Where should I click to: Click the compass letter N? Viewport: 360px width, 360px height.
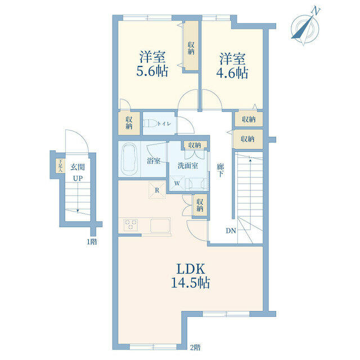click(x=316, y=11)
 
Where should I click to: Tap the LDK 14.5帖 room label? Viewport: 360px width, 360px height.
click(x=190, y=276)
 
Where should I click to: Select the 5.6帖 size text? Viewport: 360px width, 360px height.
click(x=152, y=71)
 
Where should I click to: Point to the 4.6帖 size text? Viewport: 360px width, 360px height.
click(x=232, y=73)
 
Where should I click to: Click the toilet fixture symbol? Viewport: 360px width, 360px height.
click(x=150, y=124)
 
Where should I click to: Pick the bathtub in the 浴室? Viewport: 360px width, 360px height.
click(x=129, y=159)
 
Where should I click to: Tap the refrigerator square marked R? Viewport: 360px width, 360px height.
click(x=157, y=190)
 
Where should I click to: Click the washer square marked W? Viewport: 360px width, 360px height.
click(x=177, y=183)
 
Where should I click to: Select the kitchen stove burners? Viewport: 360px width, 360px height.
click(x=130, y=224)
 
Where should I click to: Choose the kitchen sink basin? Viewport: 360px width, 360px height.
click(x=160, y=226)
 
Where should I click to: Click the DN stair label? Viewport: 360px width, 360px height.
click(x=231, y=231)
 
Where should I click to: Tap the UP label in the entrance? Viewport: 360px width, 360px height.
click(x=78, y=178)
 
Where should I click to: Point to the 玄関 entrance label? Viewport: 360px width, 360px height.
click(x=78, y=167)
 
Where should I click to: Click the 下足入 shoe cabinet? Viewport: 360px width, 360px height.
click(x=60, y=165)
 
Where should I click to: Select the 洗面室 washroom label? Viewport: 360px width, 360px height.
click(x=187, y=165)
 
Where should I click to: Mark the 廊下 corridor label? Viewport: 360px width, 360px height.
click(x=220, y=170)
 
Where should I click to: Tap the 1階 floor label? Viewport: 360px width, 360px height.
click(x=91, y=241)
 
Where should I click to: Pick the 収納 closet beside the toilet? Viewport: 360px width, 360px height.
click(x=129, y=123)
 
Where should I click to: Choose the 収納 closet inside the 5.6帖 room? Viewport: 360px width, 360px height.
click(x=191, y=46)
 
